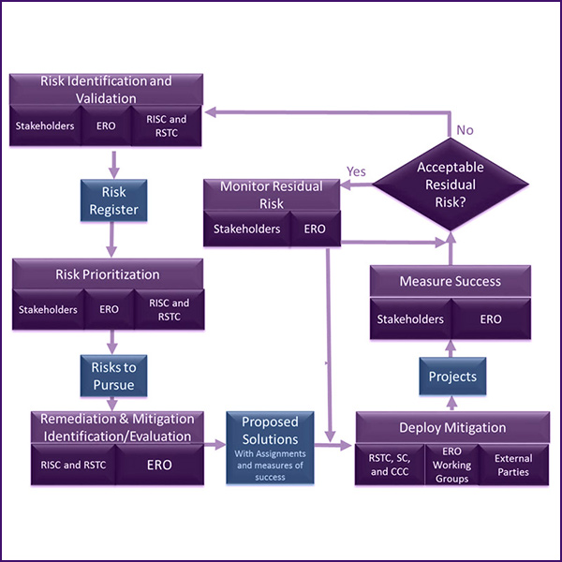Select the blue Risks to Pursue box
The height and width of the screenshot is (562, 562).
pos(113,376)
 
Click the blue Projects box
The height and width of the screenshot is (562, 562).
pos(452,377)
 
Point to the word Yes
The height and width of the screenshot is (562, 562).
pos(357,171)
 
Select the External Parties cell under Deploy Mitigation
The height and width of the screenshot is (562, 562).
pos(513,466)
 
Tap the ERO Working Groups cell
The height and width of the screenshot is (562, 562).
pos(451,466)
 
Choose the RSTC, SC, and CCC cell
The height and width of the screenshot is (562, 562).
pos(389,466)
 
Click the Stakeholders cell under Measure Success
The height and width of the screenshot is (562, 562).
pos(410,319)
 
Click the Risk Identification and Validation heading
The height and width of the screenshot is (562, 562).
pos(106,89)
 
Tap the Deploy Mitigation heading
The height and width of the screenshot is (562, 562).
pos(451,428)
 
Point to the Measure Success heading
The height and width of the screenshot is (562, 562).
pos(451,281)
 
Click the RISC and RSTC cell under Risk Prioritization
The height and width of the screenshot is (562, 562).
pos(169,310)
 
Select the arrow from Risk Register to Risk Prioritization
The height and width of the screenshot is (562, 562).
pos(113,238)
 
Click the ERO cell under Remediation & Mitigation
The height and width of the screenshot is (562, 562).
pos(159,465)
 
